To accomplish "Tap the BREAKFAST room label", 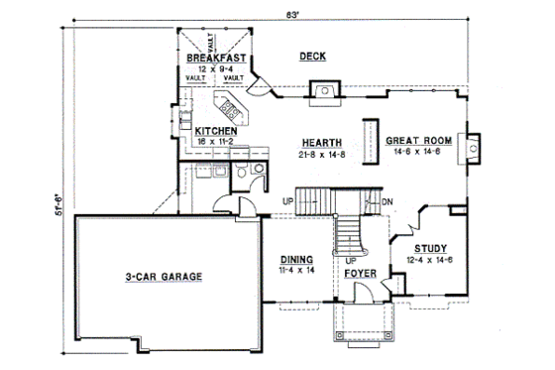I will point(214,59).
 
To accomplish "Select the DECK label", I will point(313,58).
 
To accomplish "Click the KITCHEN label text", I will point(215,131).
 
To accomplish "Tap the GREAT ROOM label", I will point(419,141).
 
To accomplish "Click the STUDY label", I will point(429,248).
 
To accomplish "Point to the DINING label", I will point(296,256).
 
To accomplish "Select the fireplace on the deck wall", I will point(321,93).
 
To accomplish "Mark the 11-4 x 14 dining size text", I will point(296,268).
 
